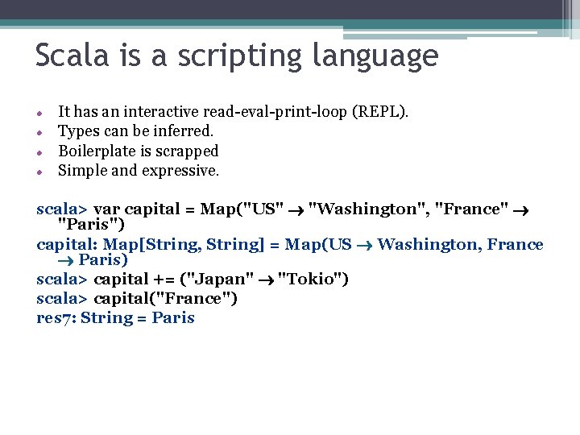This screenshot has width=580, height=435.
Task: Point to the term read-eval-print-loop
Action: point(275,111)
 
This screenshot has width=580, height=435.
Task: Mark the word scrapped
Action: point(188,151)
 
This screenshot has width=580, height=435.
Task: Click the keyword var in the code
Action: point(107,209)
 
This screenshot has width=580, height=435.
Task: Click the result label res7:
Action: point(56,318)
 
